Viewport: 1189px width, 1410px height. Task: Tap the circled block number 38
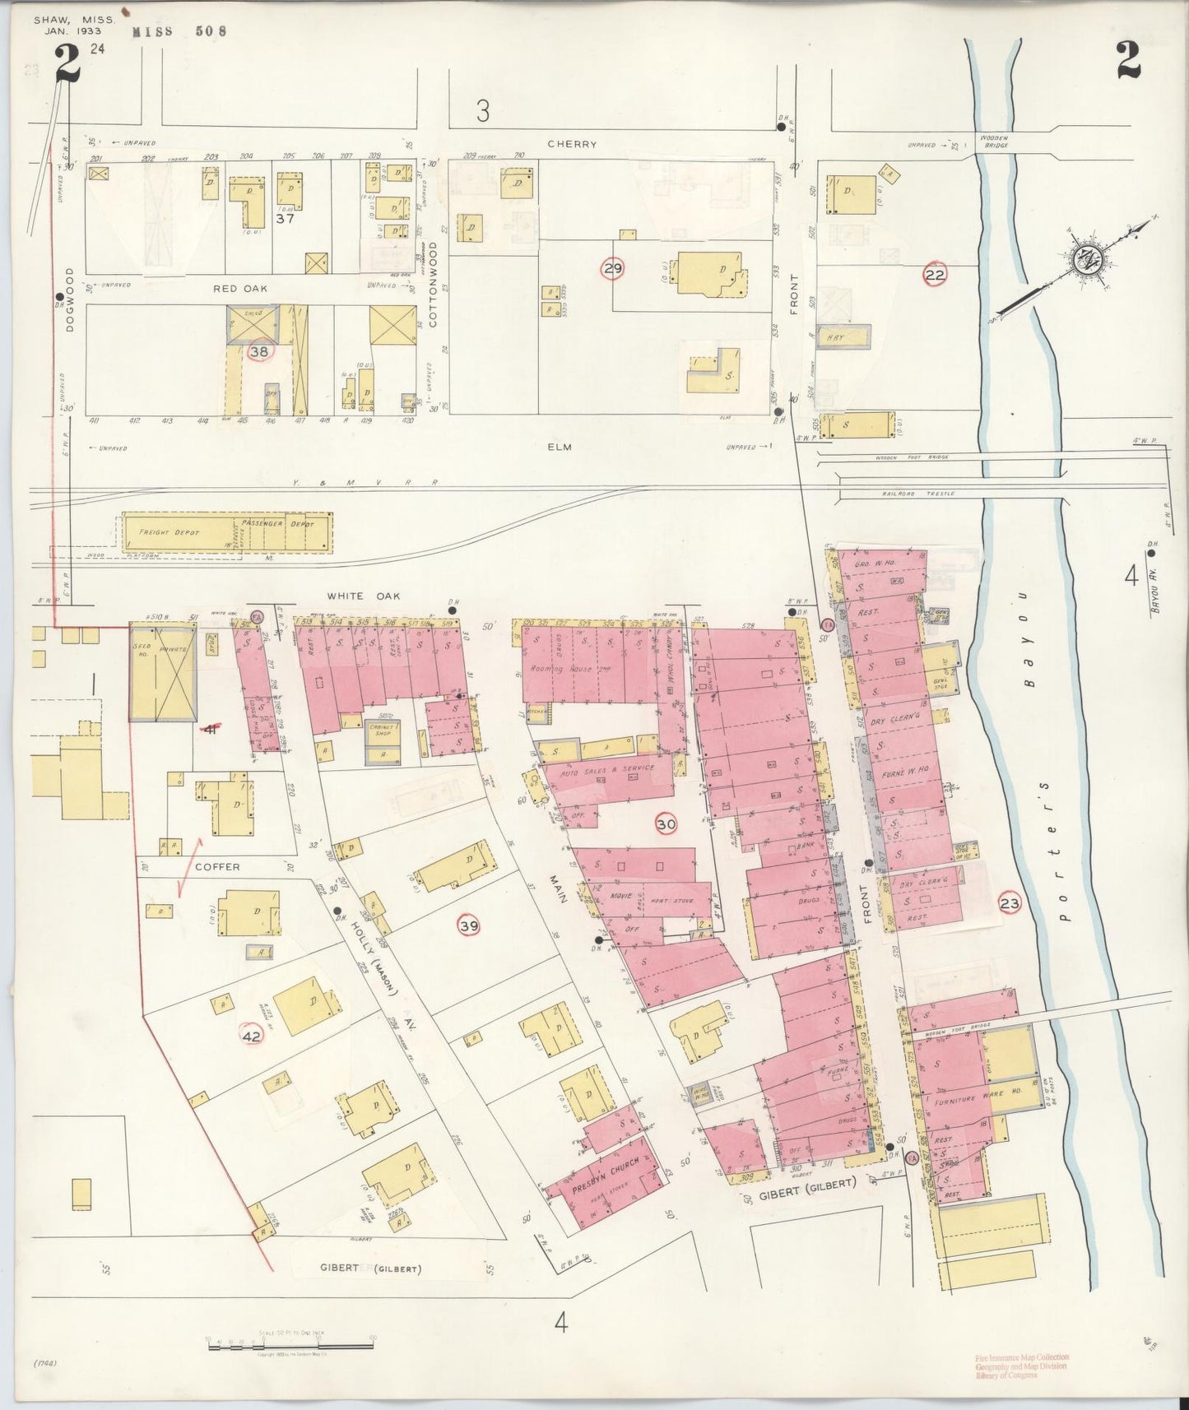point(259,351)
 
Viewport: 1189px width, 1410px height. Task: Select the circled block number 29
point(612,268)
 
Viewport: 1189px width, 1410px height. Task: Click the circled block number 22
point(934,275)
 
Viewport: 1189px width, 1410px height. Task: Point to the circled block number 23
point(1010,904)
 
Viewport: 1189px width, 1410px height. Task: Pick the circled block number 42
point(251,1037)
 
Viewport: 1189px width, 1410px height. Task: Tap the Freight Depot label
point(170,532)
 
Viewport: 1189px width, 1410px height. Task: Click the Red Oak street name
point(240,288)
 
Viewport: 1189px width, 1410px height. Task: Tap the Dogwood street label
point(70,311)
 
